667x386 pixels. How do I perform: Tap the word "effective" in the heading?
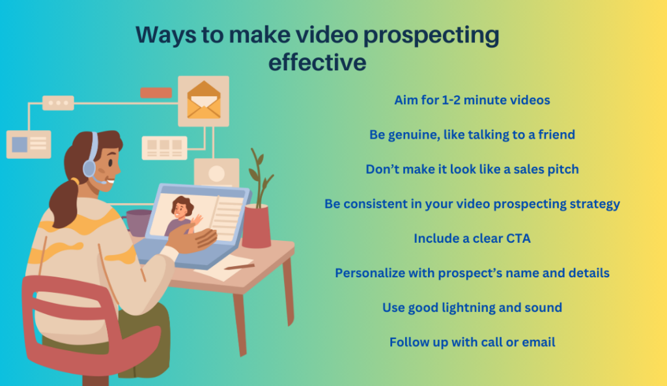tap(317, 62)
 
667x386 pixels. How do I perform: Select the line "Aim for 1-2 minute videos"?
tap(472, 100)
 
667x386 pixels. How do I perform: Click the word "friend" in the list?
tap(552, 135)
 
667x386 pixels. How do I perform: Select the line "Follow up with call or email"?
tap(472, 342)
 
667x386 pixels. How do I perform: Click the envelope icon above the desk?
tap(203, 100)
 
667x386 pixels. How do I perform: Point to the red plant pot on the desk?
tap(256, 225)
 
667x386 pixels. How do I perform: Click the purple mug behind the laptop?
tap(137, 221)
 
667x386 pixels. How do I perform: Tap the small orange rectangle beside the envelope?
tap(156, 92)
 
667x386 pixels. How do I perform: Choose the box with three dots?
tap(58, 103)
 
